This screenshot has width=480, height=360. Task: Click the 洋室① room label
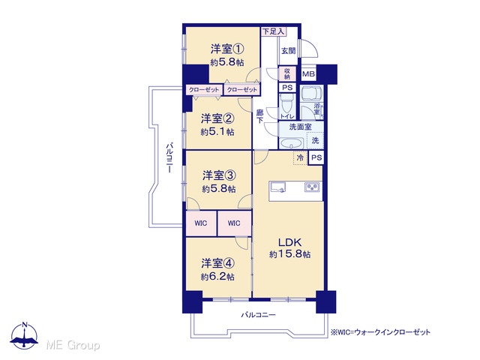[x=227, y=49]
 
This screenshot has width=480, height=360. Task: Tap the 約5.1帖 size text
[x=217, y=132]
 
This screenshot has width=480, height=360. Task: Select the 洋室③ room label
[x=218, y=175]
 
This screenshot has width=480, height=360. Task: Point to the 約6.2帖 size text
[x=217, y=277]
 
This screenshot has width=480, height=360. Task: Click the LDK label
[x=289, y=242]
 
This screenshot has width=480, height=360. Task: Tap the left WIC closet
[x=201, y=223]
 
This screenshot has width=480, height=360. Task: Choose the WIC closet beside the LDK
[x=235, y=223]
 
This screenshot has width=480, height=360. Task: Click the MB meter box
[x=308, y=74]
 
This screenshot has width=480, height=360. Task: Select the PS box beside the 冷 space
[x=316, y=157]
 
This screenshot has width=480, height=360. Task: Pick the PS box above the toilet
[x=287, y=88]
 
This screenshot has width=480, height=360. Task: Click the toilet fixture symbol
[x=286, y=103]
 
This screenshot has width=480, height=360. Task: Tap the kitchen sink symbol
[x=278, y=187]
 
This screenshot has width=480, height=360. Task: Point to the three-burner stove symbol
[x=312, y=187]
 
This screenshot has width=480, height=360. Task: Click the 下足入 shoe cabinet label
[x=273, y=31]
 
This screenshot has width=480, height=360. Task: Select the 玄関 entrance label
[x=288, y=51]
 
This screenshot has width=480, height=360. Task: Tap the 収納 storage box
[x=287, y=73]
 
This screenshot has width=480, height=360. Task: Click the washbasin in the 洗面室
[x=292, y=143]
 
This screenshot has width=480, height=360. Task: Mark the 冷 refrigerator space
[x=301, y=157]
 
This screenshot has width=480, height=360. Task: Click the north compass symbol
[x=25, y=335]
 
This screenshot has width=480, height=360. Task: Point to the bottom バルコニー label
[x=258, y=315]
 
